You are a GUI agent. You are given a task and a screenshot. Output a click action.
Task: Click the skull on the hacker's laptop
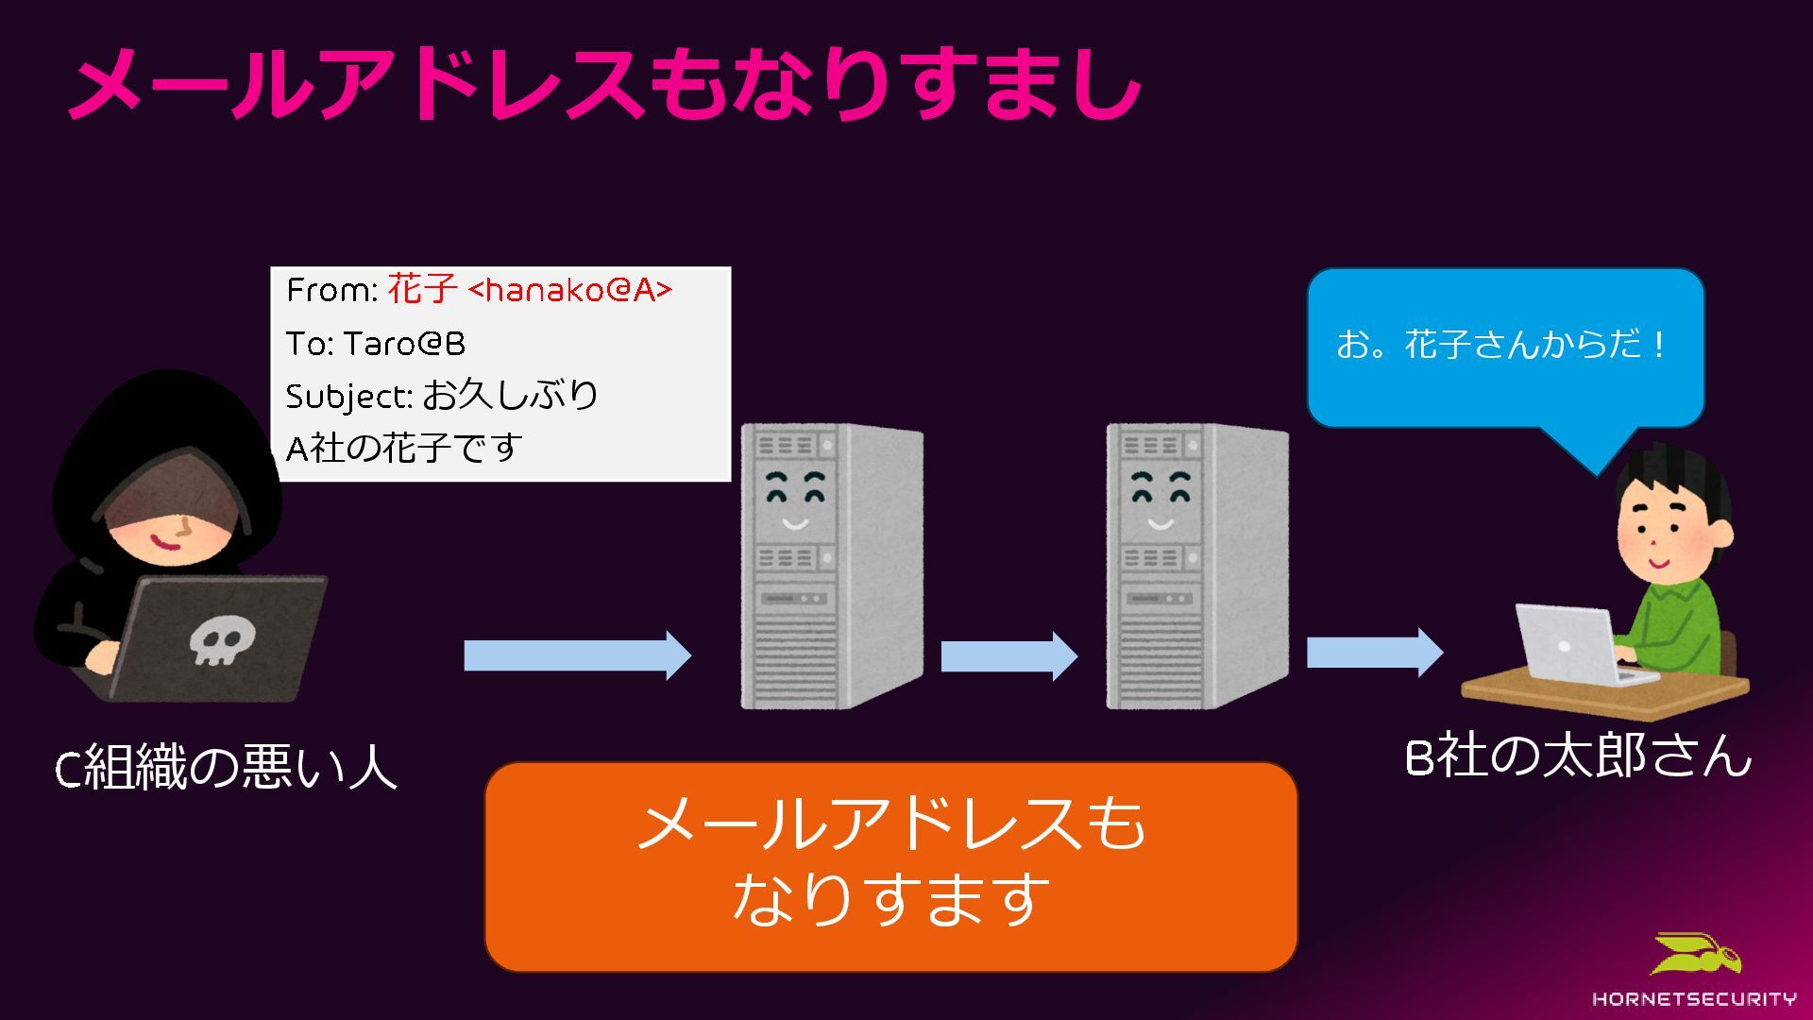(219, 642)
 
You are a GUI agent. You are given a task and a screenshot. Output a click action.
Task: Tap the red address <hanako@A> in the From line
(570, 290)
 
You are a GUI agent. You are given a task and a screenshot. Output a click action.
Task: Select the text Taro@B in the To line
(404, 344)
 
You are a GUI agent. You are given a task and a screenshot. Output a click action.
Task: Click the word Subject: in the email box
(348, 397)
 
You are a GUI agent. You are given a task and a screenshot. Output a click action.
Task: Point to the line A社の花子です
(404, 448)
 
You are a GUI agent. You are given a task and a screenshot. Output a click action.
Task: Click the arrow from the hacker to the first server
(577, 655)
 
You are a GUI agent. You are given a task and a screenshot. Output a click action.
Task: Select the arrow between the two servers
(1008, 655)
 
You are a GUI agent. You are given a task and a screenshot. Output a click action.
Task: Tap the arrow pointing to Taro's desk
(1374, 653)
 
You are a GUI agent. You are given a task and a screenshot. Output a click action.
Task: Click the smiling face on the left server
(794, 501)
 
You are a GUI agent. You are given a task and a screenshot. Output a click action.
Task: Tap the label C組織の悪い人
(225, 767)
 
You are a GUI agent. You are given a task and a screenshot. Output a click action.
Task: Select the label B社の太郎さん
(1578, 756)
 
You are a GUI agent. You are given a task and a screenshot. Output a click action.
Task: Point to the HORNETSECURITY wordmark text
(1694, 998)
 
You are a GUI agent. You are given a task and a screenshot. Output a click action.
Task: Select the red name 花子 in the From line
(422, 289)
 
